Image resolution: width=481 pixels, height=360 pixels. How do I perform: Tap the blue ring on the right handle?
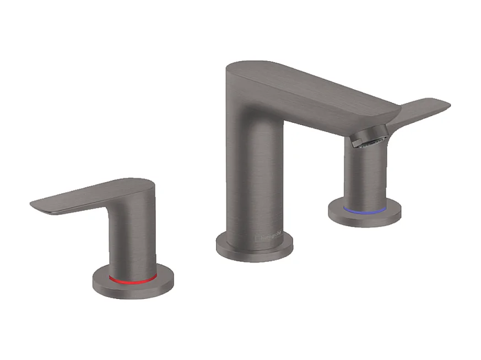click(x=364, y=210)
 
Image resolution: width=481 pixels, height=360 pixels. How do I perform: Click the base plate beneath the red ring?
click(x=132, y=290)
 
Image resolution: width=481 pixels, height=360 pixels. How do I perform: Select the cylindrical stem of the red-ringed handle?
click(x=132, y=242)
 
